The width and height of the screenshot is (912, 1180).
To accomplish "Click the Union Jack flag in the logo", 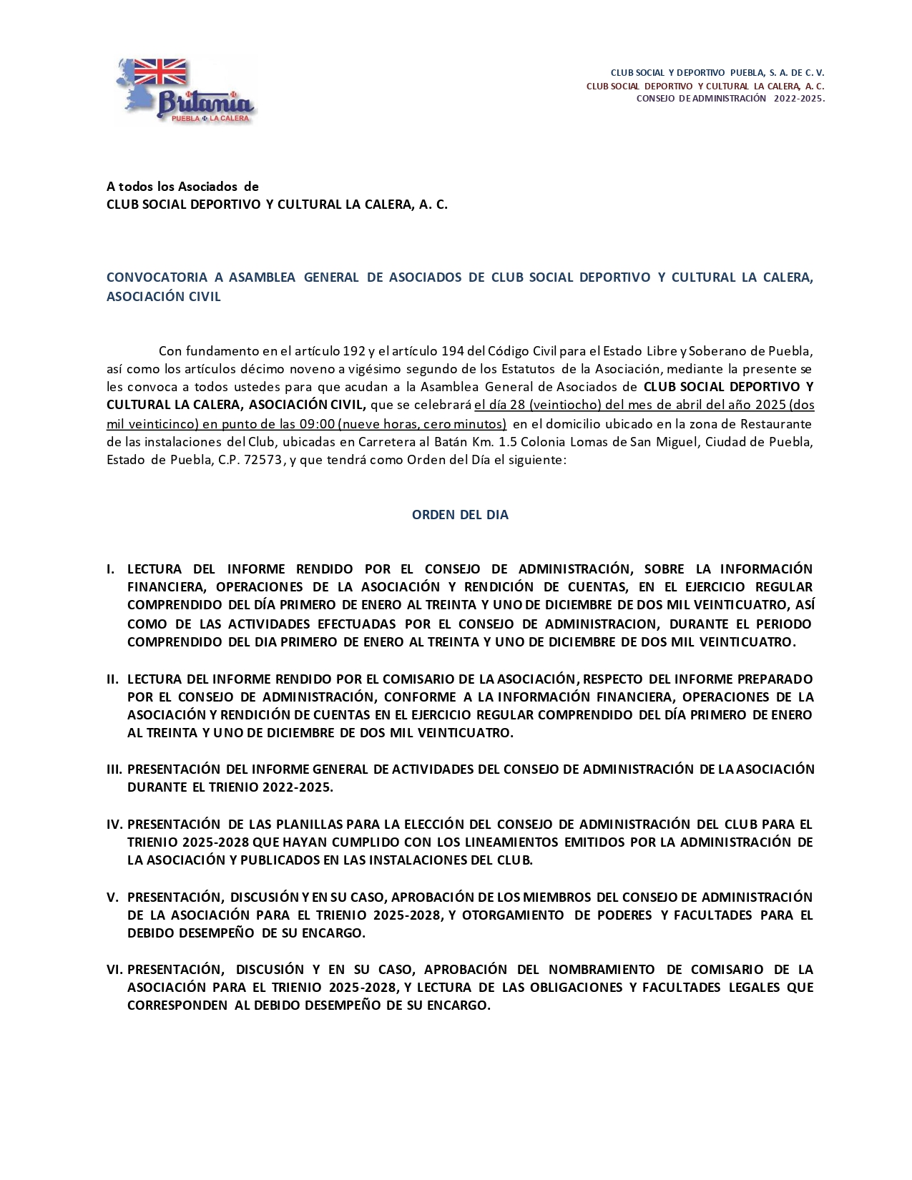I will [x=160, y=72].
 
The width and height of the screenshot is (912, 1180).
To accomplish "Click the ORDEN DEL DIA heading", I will [x=460, y=515].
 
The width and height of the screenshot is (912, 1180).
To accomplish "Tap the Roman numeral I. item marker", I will [x=111, y=569].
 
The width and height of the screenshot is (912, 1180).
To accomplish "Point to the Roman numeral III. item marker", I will [x=114, y=770].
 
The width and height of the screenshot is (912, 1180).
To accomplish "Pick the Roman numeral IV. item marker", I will [x=114, y=825].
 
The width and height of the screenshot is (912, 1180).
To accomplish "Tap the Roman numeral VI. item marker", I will [x=114, y=970].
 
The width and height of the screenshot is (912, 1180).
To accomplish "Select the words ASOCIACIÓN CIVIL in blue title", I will [x=164, y=297].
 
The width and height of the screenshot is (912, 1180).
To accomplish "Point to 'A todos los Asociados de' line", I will [x=182, y=187].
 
